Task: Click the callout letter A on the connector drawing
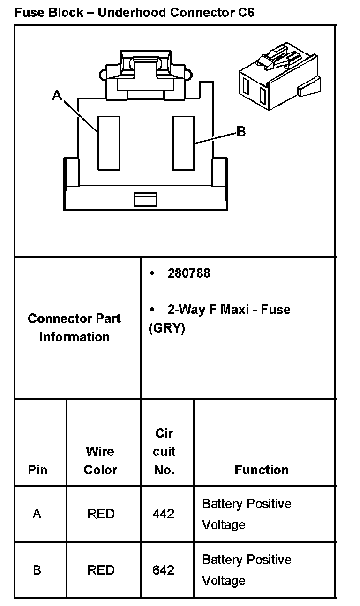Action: [x=57, y=96]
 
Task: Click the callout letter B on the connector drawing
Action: [x=241, y=132]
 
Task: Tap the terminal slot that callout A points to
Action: [x=108, y=143]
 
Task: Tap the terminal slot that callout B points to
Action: [x=183, y=143]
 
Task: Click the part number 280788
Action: [x=189, y=273]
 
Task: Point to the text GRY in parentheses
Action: [x=167, y=328]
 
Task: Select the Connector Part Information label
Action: [x=74, y=327]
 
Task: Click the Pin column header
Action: [x=37, y=470]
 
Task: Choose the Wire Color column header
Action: [x=100, y=460]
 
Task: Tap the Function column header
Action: [x=262, y=470]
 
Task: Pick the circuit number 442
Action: [x=163, y=514]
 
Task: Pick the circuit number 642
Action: [x=163, y=570]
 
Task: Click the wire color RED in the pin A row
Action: [x=101, y=514]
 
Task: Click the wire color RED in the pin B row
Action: [x=101, y=570]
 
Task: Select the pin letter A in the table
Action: [x=37, y=514]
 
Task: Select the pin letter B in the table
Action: [x=37, y=570]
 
